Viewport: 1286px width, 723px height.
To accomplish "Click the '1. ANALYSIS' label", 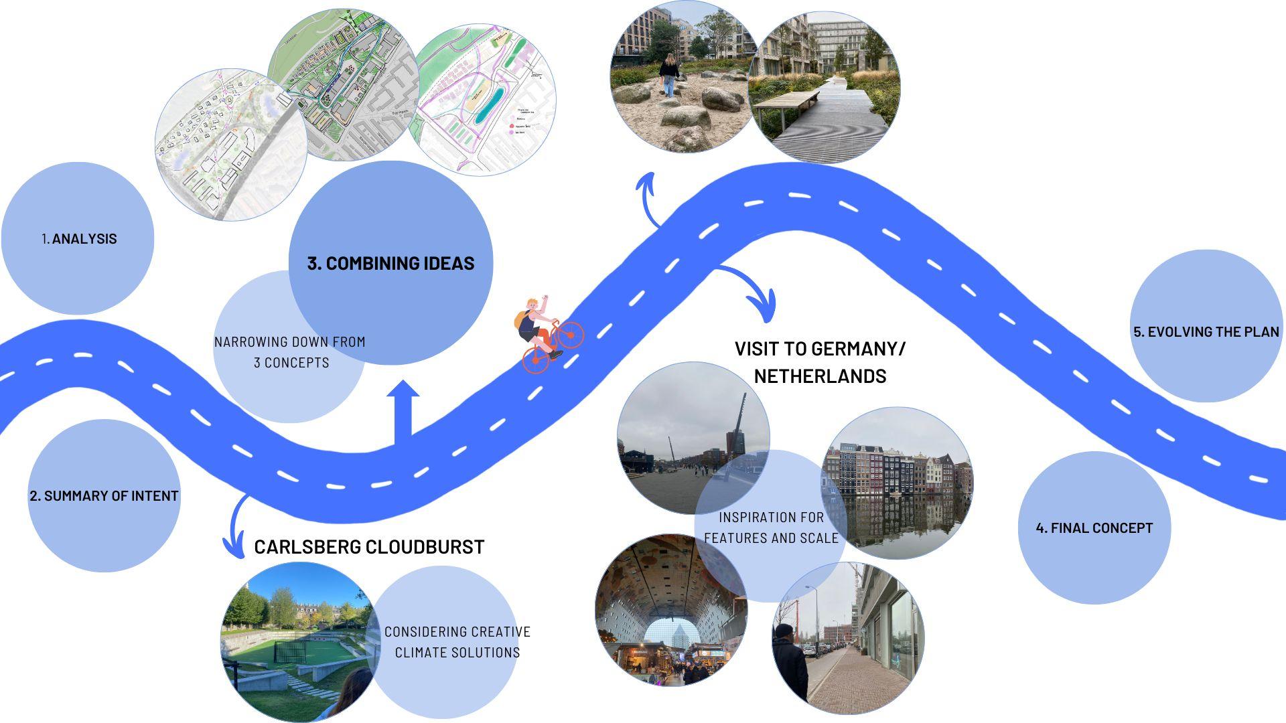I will pyautogui.click(x=79, y=239).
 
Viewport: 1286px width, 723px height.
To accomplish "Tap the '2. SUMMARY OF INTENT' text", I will pyautogui.click(x=104, y=496).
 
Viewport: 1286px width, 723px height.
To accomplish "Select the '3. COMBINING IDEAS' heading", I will pyautogui.click(x=390, y=263).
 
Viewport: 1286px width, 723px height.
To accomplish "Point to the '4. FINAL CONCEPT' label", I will pyautogui.click(x=1094, y=528).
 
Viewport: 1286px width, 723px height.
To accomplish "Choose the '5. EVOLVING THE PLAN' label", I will pyautogui.click(x=1206, y=332).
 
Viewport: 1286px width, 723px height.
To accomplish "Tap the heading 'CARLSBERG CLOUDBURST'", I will pyautogui.click(x=369, y=547).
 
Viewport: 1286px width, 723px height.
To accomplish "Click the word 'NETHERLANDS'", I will pyautogui.click(x=820, y=376).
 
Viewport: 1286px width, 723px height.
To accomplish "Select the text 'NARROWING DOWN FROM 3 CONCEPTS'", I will pyautogui.click(x=290, y=352).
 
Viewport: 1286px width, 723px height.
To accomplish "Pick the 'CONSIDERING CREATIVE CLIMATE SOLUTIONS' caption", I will pyautogui.click(x=457, y=642).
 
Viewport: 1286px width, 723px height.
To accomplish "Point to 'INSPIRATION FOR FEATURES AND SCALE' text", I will pyautogui.click(x=771, y=528).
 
